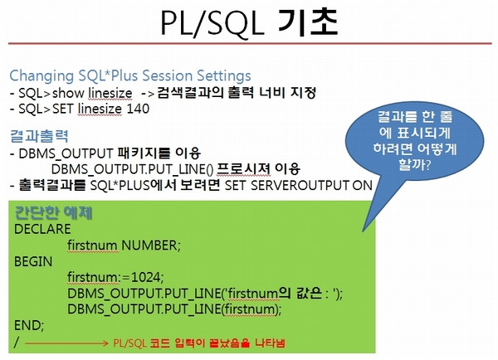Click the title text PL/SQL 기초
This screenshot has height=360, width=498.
click(249, 22)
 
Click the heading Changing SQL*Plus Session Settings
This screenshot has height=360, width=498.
click(130, 75)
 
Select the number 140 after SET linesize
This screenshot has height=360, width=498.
click(138, 109)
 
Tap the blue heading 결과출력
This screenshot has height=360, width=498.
click(39, 136)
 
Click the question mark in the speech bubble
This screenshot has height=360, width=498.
click(427, 165)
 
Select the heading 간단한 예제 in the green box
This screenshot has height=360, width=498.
click(53, 213)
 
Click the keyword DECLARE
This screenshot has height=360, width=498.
click(42, 229)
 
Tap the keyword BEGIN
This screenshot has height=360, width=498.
click(33, 261)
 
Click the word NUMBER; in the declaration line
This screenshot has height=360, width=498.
click(151, 246)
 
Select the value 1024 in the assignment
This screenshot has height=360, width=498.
click(146, 277)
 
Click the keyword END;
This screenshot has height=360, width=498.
click(29, 325)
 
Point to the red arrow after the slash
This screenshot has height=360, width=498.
click(66, 343)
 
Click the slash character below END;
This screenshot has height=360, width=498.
click(17, 343)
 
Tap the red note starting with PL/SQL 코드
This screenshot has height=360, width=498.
click(199, 343)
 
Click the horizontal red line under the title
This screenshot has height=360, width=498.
click(250, 43)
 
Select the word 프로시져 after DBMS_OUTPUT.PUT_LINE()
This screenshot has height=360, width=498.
click(243, 168)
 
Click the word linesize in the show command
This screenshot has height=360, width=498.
click(110, 93)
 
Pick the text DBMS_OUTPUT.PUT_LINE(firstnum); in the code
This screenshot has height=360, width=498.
click(174, 309)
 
